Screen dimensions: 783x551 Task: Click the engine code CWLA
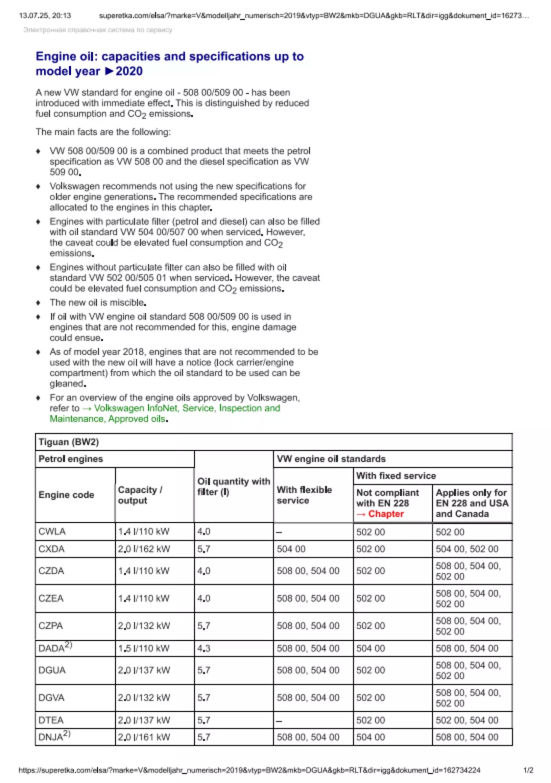pyautogui.click(x=52, y=531)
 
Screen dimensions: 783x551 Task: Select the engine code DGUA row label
pyautogui.click(x=52, y=670)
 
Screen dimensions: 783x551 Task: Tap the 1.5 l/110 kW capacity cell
pyautogui.click(x=143, y=648)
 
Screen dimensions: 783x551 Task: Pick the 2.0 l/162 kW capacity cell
pyautogui.click(x=144, y=549)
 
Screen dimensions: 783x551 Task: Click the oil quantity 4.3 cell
pyautogui.click(x=204, y=648)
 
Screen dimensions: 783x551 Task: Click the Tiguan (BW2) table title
pyautogui.click(x=68, y=442)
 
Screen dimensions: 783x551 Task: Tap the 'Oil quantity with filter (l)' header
pyautogui.click(x=233, y=486)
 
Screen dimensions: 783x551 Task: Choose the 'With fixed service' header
pyautogui.click(x=396, y=476)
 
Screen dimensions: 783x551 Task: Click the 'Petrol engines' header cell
pyautogui.click(x=71, y=459)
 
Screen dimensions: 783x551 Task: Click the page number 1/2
pyautogui.click(x=528, y=770)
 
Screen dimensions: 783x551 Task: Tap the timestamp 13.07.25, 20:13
pyautogui.click(x=45, y=16)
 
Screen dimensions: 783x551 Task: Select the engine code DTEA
pyautogui.click(x=51, y=720)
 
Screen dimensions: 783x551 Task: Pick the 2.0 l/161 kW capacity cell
pyautogui.click(x=144, y=737)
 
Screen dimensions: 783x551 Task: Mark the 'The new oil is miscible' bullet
pyautogui.click(x=98, y=302)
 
